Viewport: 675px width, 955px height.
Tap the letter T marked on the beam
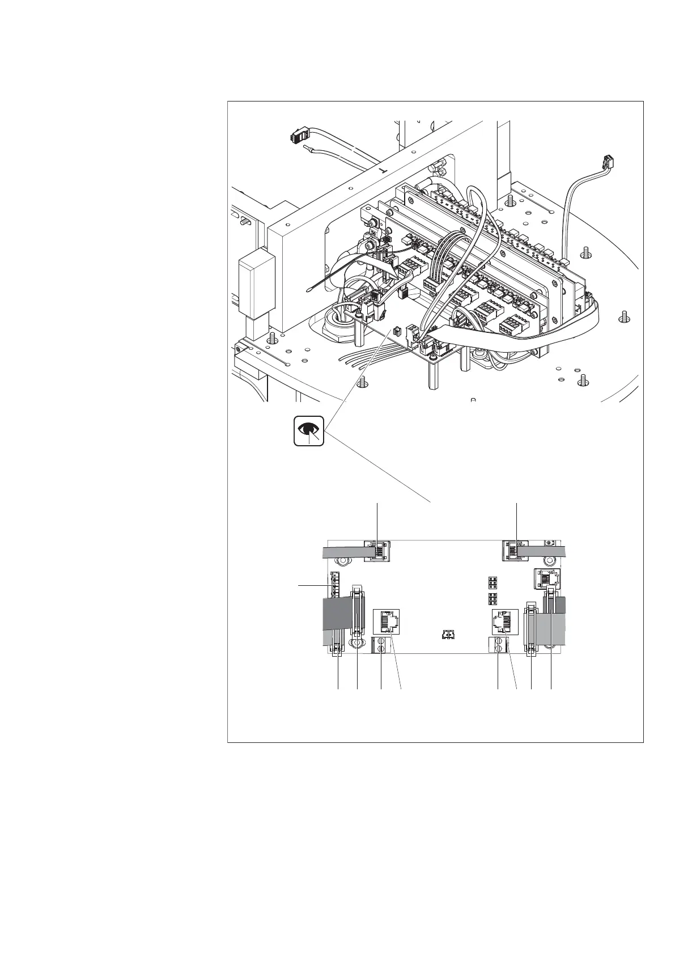[381, 170]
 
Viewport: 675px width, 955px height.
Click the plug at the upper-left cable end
[299, 137]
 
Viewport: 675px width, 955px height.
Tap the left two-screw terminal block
[381, 645]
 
